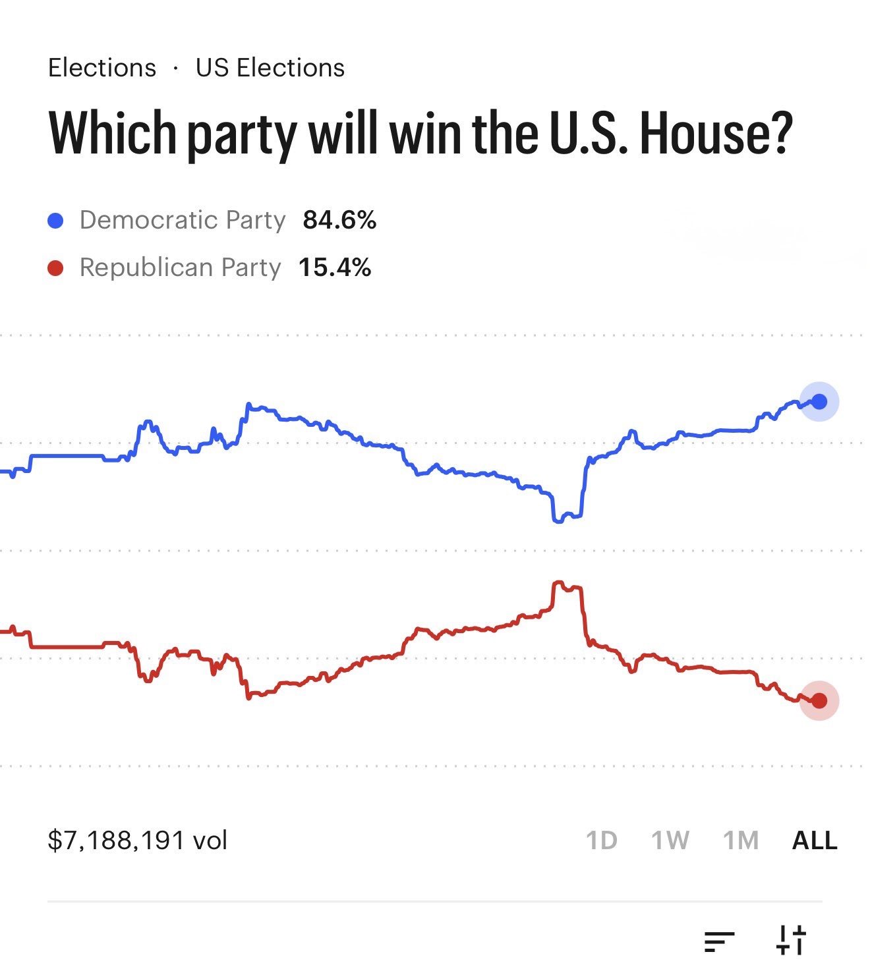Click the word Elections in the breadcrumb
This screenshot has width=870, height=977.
tap(102, 68)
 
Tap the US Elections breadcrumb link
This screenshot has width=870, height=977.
tap(270, 68)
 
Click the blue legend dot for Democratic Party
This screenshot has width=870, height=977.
tap(56, 221)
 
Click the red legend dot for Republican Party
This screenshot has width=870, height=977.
tap(56, 268)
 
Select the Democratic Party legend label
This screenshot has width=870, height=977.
tap(183, 220)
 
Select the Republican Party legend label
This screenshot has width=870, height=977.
tap(180, 267)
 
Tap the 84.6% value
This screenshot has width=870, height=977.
tap(339, 220)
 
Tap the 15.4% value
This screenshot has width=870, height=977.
tap(335, 267)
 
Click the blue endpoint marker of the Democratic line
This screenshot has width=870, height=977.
tap(819, 401)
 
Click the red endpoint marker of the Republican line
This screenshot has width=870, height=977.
tap(819, 700)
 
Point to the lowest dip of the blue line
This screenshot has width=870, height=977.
tap(558, 520)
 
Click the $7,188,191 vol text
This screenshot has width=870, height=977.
tap(137, 841)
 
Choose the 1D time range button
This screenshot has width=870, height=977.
tap(601, 841)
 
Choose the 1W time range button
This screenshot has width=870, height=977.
tap(670, 841)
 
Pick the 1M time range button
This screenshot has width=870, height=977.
tap(741, 841)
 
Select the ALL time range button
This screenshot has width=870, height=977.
tap(815, 841)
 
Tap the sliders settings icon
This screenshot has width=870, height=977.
tap(791, 939)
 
